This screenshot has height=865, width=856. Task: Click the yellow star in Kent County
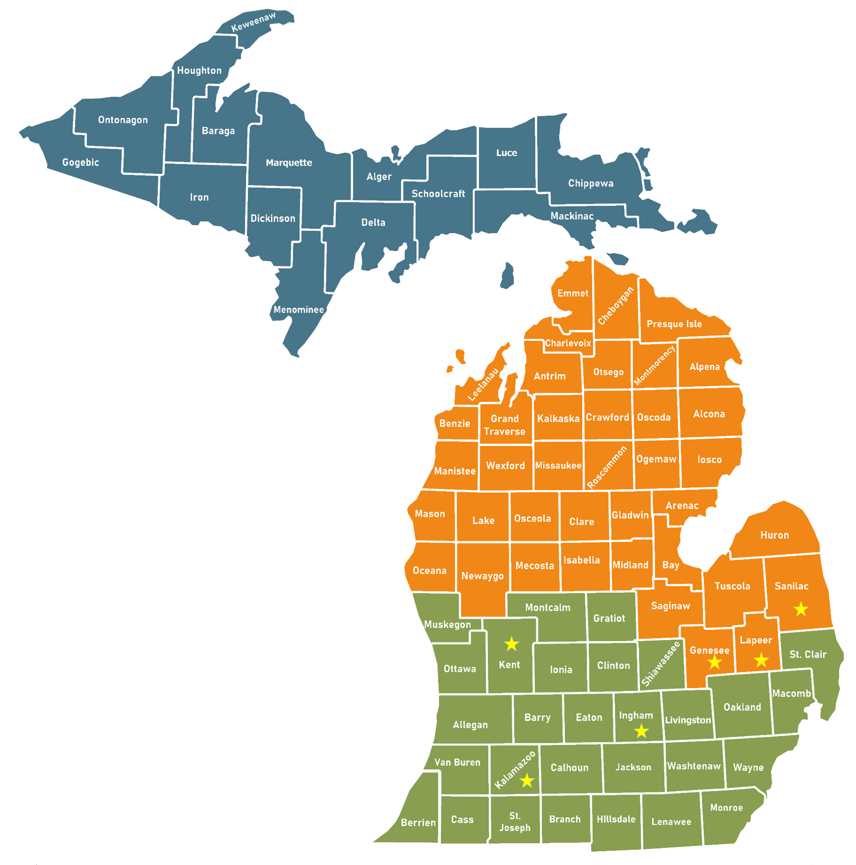[511, 644]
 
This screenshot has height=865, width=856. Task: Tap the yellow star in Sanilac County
[801, 609]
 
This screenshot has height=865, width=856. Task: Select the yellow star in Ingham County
[641, 731]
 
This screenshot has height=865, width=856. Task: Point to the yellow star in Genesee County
[715, 662]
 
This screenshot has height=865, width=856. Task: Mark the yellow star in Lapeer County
[761, 660]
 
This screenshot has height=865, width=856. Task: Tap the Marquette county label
[289, 162]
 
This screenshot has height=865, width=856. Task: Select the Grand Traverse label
[504, 425]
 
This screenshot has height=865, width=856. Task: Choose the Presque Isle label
[674, 324]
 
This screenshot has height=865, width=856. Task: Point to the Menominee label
[299, 309]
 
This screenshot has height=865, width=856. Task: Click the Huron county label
[774, 535]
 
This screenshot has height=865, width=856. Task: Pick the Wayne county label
[748, 767]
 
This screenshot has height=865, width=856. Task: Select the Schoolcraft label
[438, 194]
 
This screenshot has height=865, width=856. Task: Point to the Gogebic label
[81, 162]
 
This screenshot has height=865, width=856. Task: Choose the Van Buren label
[457, 762]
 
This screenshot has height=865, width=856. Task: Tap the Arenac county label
[682, 505]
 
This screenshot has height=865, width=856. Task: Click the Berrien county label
[418, 822]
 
